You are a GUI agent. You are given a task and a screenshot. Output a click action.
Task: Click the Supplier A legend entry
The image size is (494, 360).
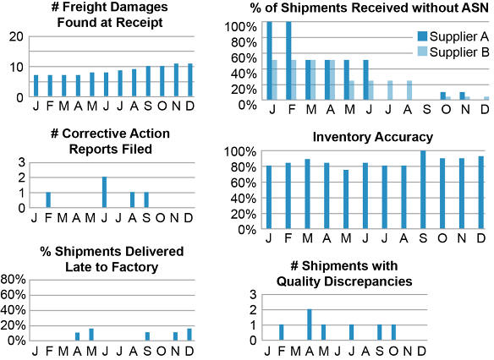(x=453, y=36)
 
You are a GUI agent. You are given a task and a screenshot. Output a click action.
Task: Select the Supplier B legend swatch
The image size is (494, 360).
(x=422, y=52)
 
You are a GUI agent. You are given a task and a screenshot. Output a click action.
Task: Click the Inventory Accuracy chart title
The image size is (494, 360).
(x=373, y=137)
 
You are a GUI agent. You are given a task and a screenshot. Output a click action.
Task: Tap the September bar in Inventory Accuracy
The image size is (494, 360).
(x=423, y=189)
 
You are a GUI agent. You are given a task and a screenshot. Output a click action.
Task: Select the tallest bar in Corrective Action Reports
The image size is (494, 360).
(x=104, y=192)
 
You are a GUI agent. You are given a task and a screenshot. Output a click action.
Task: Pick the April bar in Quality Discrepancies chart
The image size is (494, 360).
(x=310, y=325)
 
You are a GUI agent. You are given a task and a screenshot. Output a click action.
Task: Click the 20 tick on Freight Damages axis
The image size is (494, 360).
(x=16, y=36)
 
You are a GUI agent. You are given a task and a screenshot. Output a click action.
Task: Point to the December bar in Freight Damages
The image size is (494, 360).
(x=190, y=80)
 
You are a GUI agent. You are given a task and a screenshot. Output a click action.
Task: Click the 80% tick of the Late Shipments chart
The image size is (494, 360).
(x=13, y=279)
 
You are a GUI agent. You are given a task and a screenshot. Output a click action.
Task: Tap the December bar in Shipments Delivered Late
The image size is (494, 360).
(x=189, y=335)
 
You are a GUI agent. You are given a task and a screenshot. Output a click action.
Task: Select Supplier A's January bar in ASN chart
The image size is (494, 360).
(x=269, y=61)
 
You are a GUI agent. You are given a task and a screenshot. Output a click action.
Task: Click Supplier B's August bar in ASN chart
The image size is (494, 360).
(x=409, y=90)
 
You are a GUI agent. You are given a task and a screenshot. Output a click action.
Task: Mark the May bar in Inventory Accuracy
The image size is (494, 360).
(x=346, y=199)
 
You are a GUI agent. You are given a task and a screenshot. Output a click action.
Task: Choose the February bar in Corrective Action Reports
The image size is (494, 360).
(x=48, y=199)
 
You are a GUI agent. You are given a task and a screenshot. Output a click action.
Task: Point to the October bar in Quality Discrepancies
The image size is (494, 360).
(x=393, y=332)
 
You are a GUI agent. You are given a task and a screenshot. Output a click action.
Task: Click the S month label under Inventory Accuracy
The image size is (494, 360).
(x=423, y=238)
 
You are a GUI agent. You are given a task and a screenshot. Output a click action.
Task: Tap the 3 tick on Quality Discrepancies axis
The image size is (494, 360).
(x=253, y=295)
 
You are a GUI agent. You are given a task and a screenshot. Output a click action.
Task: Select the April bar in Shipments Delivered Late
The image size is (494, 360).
(x=77, y=336)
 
